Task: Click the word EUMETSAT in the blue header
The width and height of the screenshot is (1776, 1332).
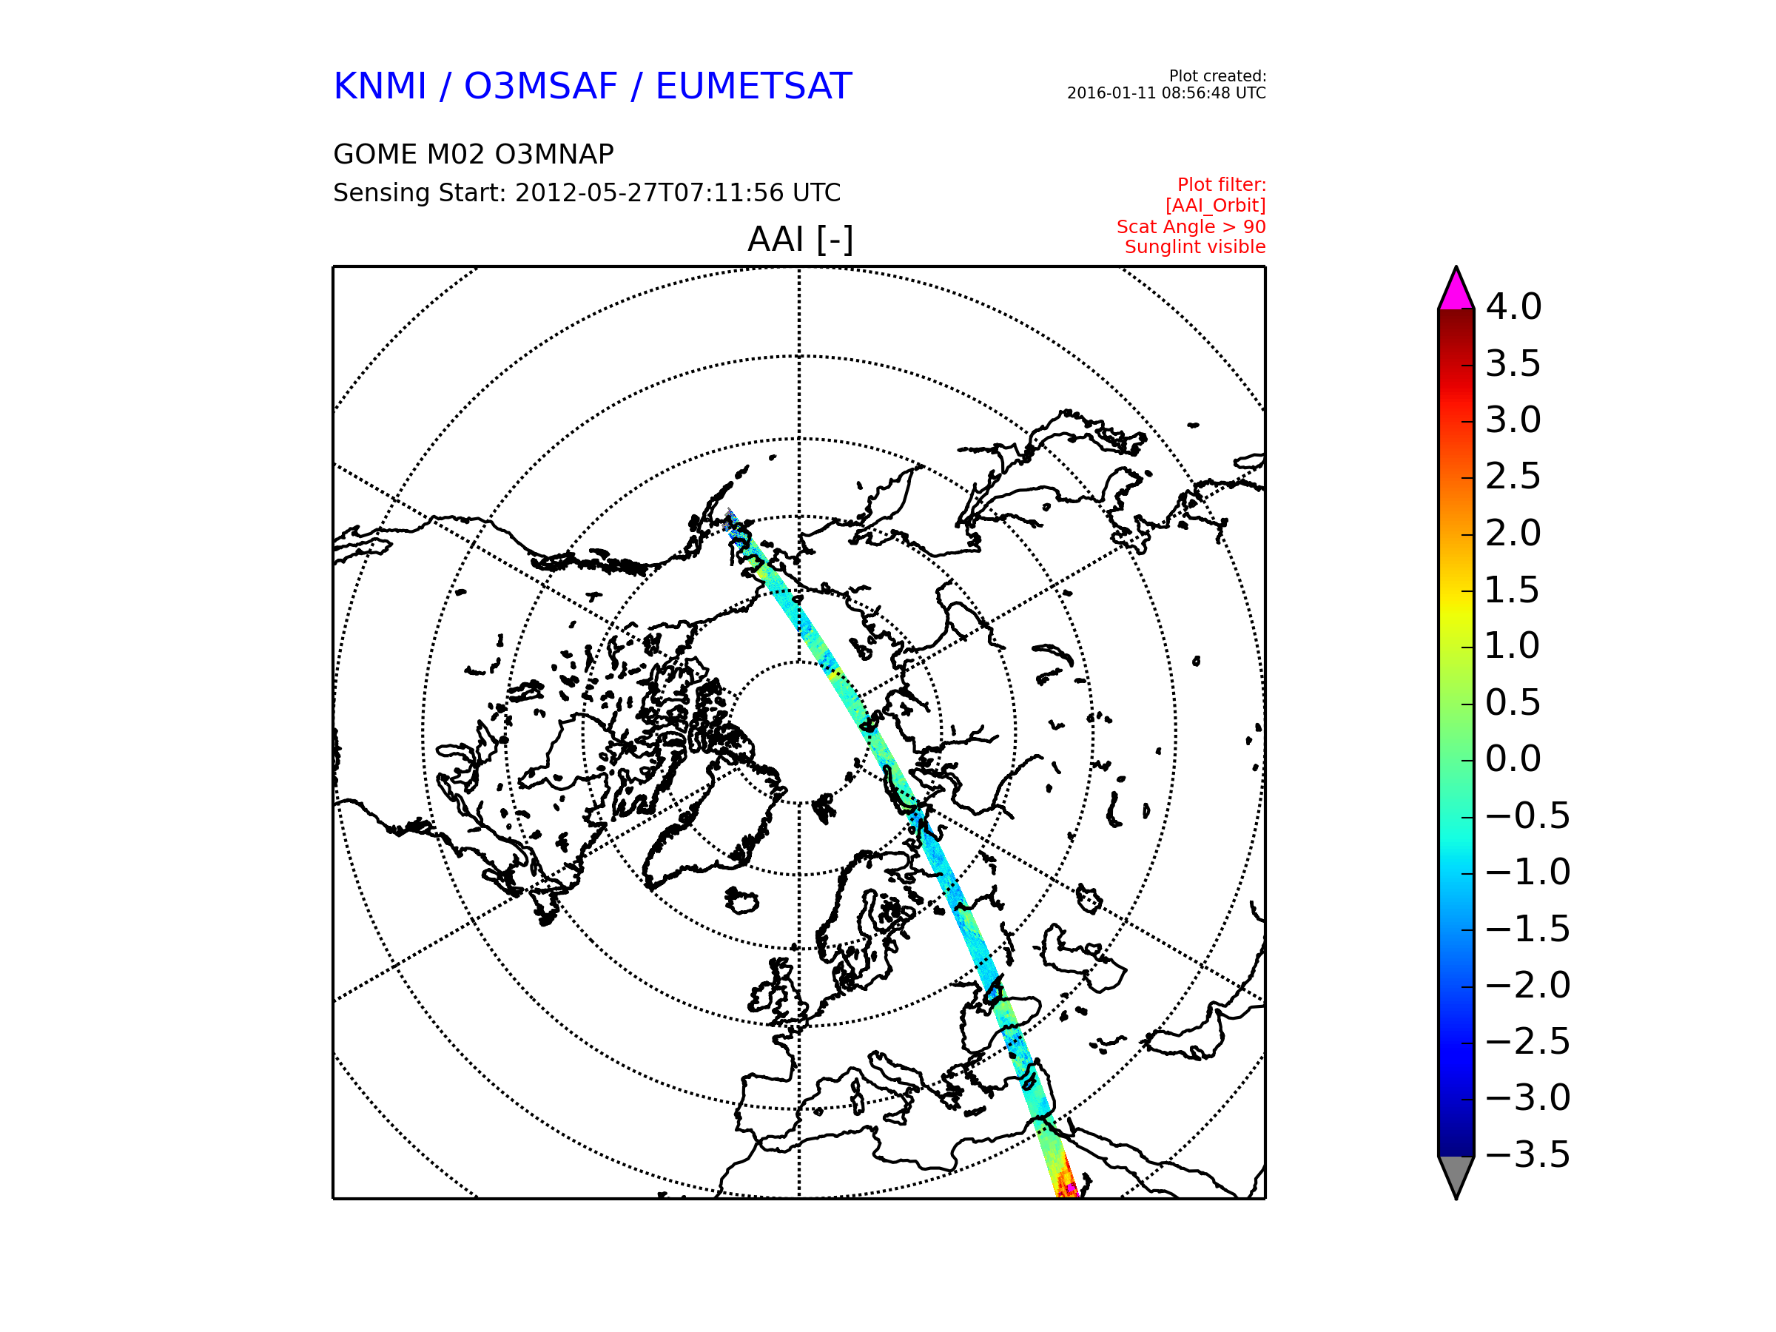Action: click(753, 86)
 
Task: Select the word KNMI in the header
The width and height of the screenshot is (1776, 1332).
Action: click(380, 86)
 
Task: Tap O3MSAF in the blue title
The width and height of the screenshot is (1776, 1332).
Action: click(541, 86)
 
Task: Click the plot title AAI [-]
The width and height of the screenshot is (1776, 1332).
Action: click(800, 238)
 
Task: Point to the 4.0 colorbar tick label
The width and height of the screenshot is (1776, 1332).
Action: click(1513, 306)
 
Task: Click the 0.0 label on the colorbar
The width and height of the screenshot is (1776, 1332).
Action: click(1513, 758)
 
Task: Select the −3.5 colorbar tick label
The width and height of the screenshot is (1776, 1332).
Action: click(1528, 1154)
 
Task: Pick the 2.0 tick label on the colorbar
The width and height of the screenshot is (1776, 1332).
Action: click(1513, 533)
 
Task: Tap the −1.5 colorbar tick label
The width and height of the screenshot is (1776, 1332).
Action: click(1528, 929)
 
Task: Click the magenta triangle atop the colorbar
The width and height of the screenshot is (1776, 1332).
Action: click(1456, 292)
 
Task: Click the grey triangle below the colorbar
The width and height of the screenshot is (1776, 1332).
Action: click(1456, 1174)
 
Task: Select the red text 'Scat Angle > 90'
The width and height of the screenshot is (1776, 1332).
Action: click(1191, 227)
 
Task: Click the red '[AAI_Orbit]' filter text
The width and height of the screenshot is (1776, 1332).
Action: click(1216, 206)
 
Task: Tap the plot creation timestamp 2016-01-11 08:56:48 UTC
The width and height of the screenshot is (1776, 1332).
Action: click(1165, 93)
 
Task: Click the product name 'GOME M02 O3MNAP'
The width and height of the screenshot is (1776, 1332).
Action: click(474, 154)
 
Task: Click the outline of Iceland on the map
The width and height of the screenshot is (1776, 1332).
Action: click(740, 901)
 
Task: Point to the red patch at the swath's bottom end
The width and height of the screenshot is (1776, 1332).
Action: click(1067, 1184)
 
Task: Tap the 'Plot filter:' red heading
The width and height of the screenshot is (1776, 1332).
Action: click(1221, 186)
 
